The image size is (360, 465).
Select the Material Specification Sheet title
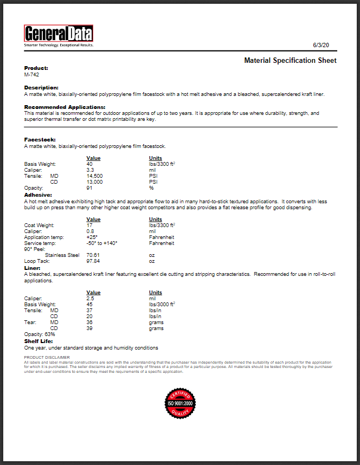click(x=290, y=60)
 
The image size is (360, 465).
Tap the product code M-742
click(x=31, y=74)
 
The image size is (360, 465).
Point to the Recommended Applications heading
click(x=65, y=107)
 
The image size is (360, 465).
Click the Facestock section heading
click(x=40, y=140)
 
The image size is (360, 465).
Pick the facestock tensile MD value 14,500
click(x=94, y=176)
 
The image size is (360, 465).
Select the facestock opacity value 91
click(x=89, y=188)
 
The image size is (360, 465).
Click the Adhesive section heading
click(x=38, y=195)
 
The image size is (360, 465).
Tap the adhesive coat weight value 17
click(x=89, y=225)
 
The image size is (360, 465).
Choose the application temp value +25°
click(x=92, y=237)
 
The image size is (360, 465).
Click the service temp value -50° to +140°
click(x=102, y=243)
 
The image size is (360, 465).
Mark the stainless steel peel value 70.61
click(x=93, y=255)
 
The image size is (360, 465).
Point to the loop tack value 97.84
click(x=93, y=261)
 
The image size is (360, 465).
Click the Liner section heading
click(x=32, y=268)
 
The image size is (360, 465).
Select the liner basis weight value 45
click(x=89, y=305)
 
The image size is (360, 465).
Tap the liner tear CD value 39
click(x=89, y=328)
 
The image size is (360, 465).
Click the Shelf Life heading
click(x=39, y=341)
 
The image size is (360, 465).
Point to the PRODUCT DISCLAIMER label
click(x=47, y=358)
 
